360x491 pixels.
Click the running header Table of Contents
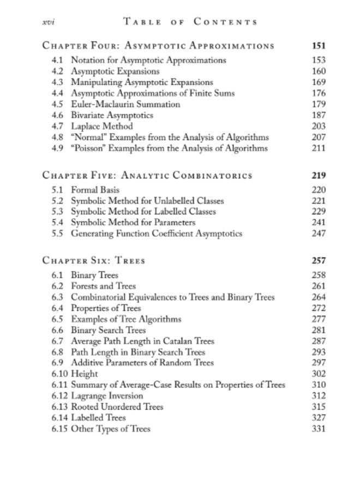coord(191,22)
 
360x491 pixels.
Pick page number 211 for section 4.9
coord(319,148)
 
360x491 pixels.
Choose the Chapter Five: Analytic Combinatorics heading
coord(147,176)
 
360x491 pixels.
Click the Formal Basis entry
coord(95,190)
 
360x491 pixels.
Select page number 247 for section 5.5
coord(319,234)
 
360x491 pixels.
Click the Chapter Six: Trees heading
coord(94,261)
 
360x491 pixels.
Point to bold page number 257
coord(319,261)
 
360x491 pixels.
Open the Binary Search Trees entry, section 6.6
coord(109,330)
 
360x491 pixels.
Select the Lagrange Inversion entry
coord(107,396)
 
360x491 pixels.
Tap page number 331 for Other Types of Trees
coord(319,429)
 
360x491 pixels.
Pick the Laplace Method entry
coord(102,126)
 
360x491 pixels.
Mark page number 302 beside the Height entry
coord(319,374)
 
